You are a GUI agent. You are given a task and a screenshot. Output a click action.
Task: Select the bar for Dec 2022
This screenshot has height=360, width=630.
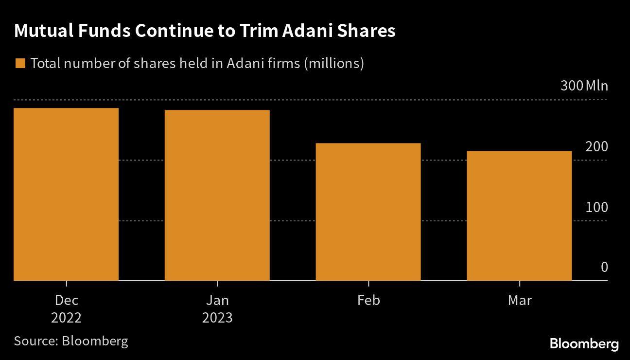click(66, 194)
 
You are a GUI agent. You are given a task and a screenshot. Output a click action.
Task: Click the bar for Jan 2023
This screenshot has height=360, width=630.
click(217, 195)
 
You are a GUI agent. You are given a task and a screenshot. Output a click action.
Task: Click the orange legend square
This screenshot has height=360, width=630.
click(20, 64)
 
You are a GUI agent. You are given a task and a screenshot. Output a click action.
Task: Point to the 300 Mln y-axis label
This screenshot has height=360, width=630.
click(584, 86)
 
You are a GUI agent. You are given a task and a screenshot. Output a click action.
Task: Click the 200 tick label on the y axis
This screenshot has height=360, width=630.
click(596, 146)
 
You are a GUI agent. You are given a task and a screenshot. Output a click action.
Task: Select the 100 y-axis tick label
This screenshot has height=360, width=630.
click(596, 207)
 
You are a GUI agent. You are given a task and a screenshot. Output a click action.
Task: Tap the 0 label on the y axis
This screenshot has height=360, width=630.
click(604, 267)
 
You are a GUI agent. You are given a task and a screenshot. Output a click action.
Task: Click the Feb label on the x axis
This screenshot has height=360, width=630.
click(368, 300)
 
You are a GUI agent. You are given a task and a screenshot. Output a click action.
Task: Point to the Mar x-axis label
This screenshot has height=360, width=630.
click(520, 300)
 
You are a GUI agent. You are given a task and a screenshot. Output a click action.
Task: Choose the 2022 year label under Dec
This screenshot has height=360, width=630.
click(66, 318)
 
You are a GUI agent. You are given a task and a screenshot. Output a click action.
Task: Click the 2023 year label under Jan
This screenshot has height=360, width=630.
click(217, 318)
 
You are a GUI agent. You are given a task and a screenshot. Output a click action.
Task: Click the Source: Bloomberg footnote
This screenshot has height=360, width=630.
click(71, 341)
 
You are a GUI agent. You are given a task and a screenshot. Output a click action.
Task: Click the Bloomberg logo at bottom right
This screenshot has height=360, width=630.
click(584, 344)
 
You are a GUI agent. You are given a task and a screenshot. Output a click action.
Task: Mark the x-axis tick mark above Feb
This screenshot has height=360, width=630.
click(368, 284)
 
